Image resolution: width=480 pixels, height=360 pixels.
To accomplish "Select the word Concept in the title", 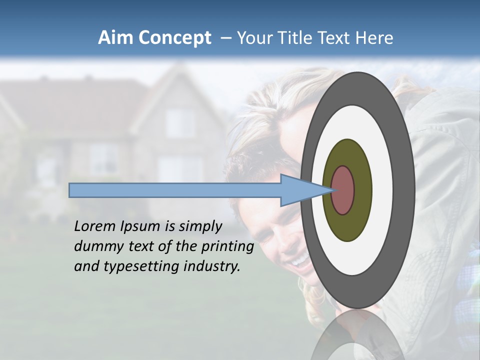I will tap(174, 38).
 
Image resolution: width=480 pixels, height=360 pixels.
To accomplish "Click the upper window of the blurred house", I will tap(179, 122).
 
